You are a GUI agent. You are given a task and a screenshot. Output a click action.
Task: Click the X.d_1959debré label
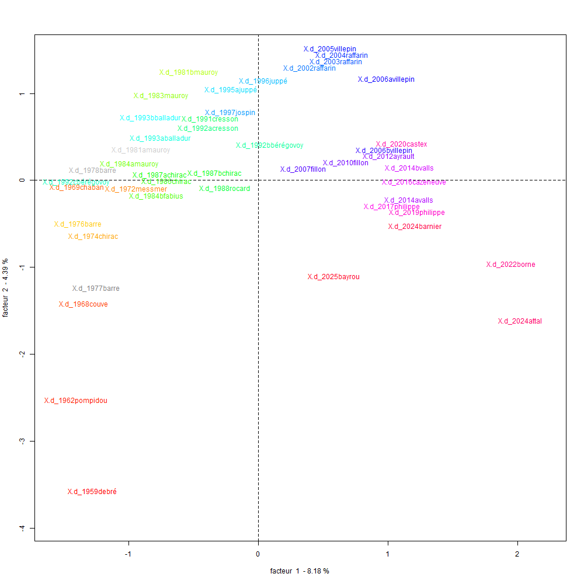click(x=92, y=492)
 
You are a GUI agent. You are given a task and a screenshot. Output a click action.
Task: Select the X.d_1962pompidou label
click(x=76, y=401)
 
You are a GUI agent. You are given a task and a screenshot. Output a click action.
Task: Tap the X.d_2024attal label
click(x=520, y=321)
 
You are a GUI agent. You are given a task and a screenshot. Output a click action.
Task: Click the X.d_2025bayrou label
click(x=333, y=277)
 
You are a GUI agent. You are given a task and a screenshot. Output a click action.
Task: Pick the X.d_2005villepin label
click(x=330, y=49)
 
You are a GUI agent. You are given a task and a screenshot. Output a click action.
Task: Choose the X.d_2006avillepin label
click(x=386, y=79)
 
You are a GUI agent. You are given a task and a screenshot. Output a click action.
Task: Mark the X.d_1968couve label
click(x=84, y=304)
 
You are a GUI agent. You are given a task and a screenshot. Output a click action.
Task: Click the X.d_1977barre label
click(x=96, y=288)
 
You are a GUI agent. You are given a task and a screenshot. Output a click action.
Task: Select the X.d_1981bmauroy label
click(x=189, y=72)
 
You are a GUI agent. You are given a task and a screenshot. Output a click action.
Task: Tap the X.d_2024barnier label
click(x=415, y=227)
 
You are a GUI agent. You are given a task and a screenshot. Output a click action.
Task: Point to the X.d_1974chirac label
click(x=93, y=237)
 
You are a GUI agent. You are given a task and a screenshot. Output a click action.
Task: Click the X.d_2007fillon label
click(x=303, y=169)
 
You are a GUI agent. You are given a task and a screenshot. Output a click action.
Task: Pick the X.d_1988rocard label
click(x=224, y=189)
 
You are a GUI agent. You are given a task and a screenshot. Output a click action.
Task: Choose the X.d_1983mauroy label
click(x=161, y=96)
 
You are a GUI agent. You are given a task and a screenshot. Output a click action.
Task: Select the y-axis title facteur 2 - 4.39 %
click(x=6, y=287)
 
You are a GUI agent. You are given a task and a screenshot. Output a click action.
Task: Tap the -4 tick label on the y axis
click(x=22, y=528)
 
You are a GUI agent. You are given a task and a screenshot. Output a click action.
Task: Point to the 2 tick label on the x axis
click(x=517, y=554)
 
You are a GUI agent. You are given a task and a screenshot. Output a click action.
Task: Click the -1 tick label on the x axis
click(x=129, y=554)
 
